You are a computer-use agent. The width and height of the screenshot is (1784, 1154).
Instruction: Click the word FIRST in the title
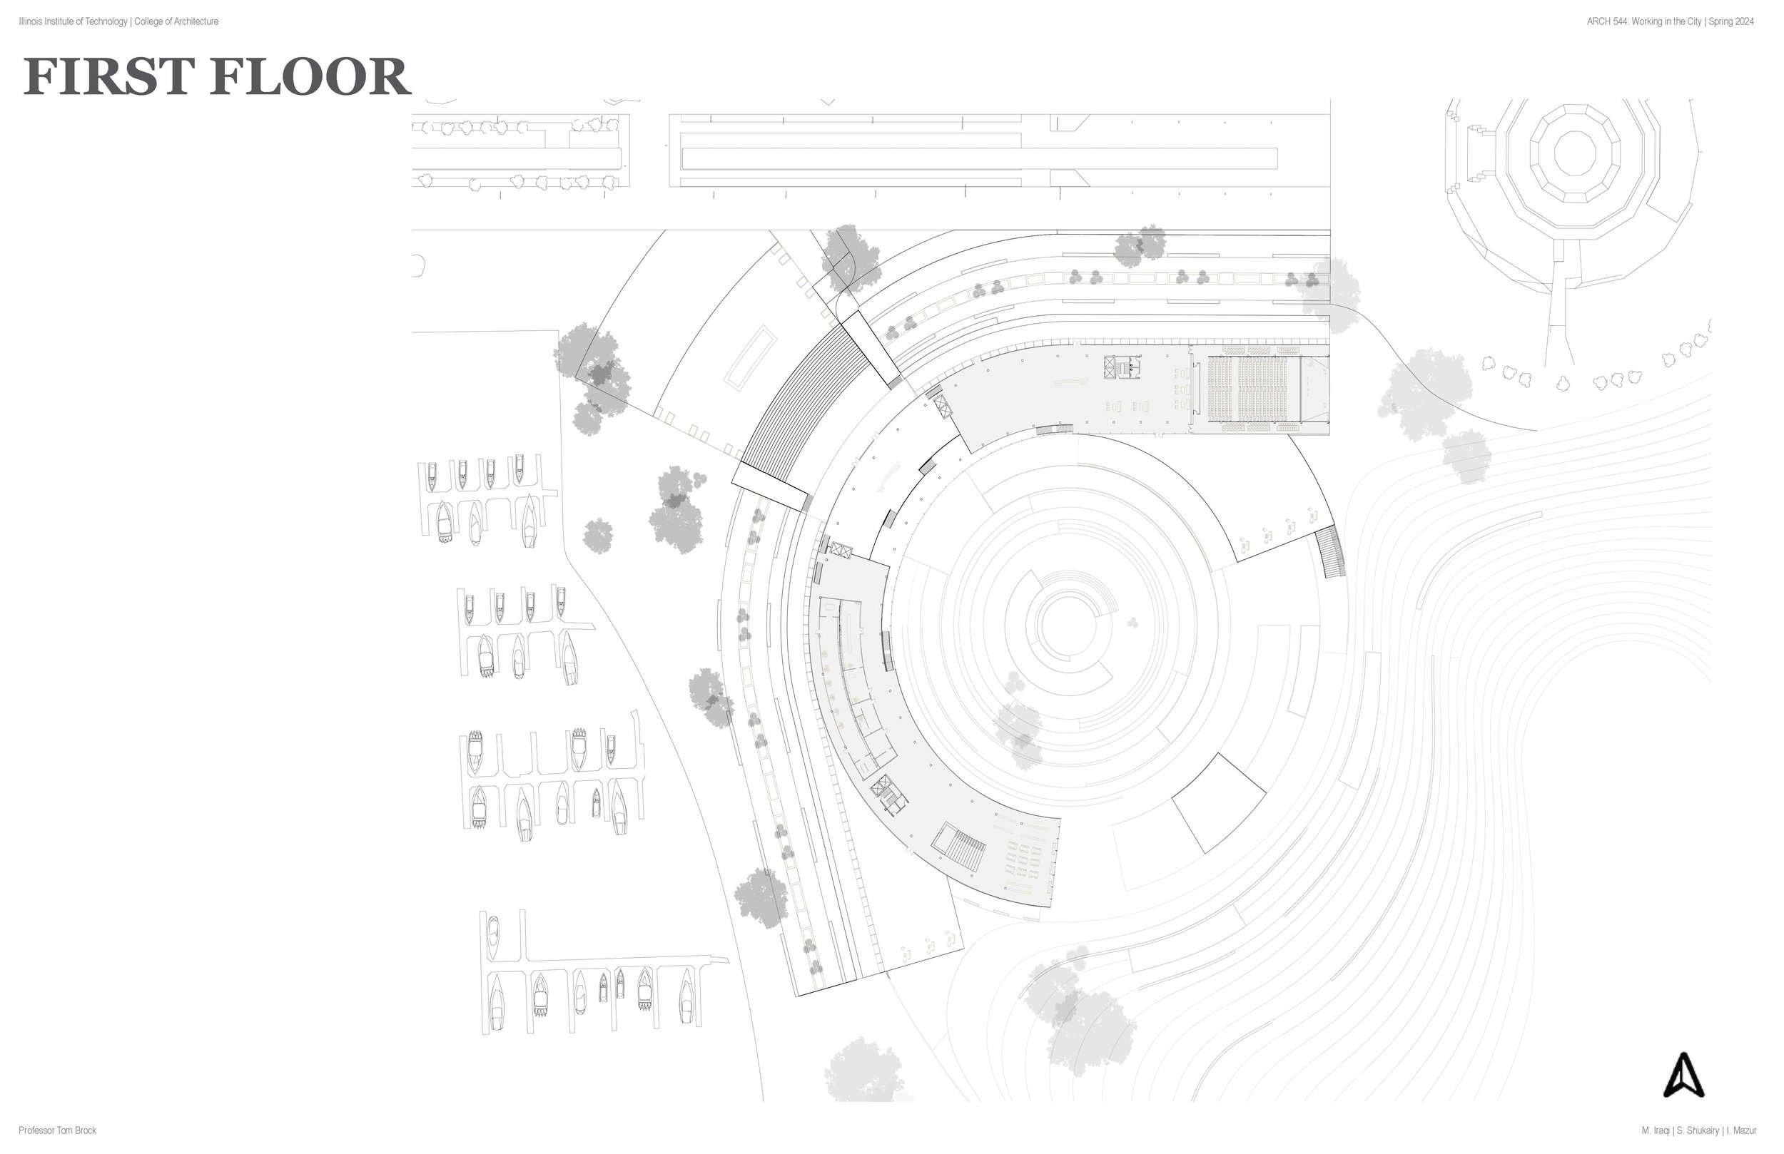tap(108, 76)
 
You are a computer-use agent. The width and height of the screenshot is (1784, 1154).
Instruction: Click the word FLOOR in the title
tap(310, 76)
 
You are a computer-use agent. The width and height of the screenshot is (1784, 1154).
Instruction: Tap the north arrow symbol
tap(1683, 1076)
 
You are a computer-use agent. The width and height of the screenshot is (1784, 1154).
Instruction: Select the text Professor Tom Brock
tap(58, 1130)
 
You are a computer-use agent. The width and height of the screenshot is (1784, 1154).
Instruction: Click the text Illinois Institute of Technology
tap(73, 21)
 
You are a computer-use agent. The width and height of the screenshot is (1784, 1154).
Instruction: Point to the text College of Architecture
tap(176, 21)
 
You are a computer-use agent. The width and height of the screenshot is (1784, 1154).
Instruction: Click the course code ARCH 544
tap(1606, 21)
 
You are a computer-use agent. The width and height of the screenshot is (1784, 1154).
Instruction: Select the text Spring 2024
tap(1730, 21)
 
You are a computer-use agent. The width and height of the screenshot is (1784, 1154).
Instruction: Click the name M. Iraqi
tap(1655, 1130)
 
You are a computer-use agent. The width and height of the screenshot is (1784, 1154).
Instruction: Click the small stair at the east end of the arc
tap(1332, 551)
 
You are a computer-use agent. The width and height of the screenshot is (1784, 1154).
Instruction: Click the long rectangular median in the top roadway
tap(978, 158)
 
